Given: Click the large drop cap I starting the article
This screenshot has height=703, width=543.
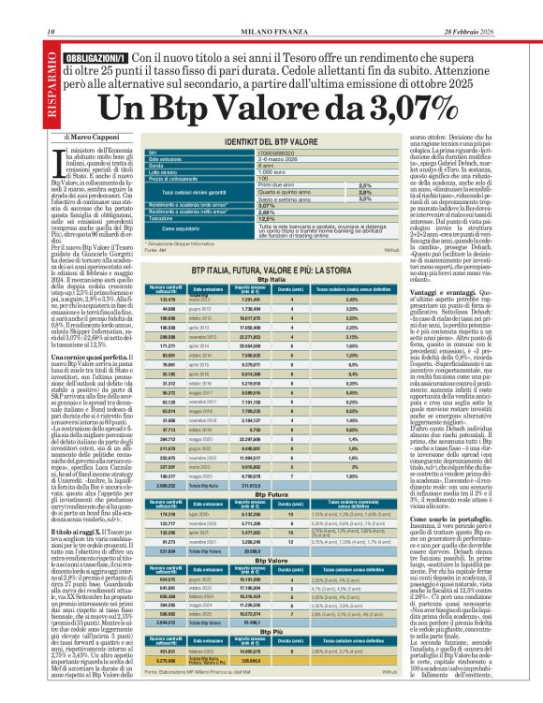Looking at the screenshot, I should [x=63, y=162].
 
